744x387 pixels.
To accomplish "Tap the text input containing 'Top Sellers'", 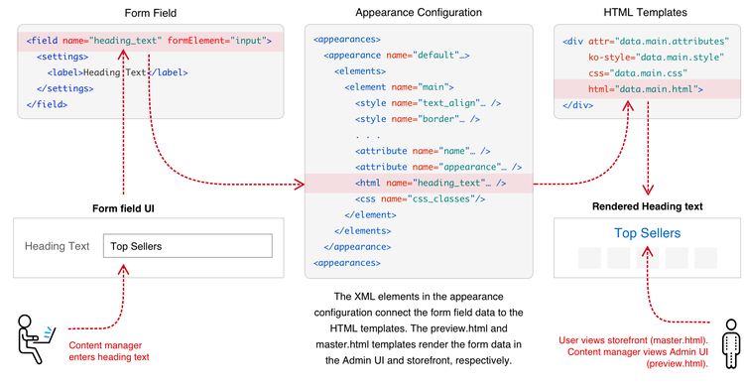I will (x=186, y=246).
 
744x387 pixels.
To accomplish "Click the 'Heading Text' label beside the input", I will (x=57, y=246).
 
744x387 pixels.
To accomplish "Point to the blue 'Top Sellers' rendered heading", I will (x=647, y=233).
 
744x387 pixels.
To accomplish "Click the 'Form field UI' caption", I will (x=124, y=207).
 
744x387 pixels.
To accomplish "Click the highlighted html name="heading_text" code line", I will (x=423, y=183).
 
